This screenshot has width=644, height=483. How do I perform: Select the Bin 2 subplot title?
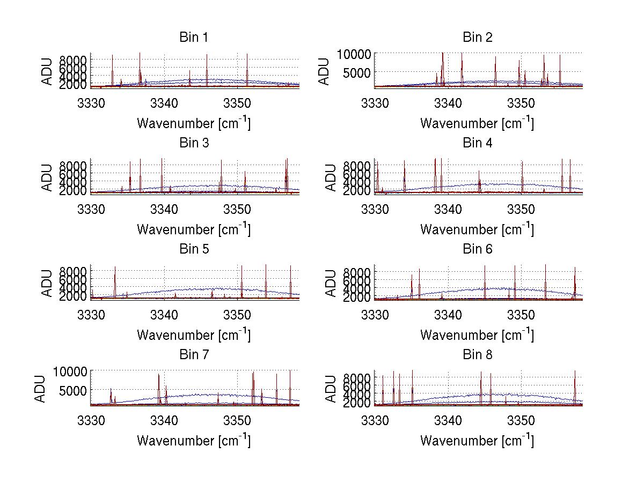(x=477, y=38)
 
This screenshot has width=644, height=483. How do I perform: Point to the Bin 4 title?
(x=477, y=143)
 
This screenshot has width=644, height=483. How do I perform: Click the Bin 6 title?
(x=477, y=249)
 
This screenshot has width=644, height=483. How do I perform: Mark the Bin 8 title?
(x=477, y=355)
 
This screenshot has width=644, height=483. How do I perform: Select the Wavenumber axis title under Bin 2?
(x=477, y=123)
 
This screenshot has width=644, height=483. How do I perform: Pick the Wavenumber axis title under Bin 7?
(x=193, y=440)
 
